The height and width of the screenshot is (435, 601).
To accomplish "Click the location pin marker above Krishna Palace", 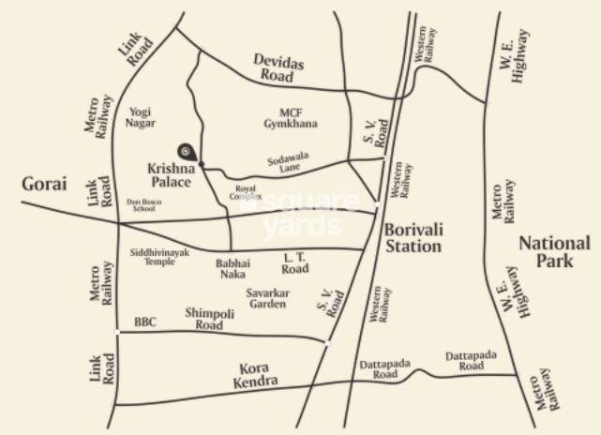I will click(x=187, y=151).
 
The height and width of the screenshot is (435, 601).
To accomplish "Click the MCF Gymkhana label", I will click(x=292, y=117).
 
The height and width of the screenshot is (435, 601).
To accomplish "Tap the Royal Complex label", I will click(x=247, y=191).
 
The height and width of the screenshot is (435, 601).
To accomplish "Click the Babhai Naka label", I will click(x=232, y=269).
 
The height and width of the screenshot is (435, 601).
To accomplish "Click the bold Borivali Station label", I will click(x=413, y=237).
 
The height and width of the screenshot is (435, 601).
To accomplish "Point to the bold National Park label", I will click(x=555, y=252).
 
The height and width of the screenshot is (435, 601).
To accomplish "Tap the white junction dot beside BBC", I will click(x=117, y=332).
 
